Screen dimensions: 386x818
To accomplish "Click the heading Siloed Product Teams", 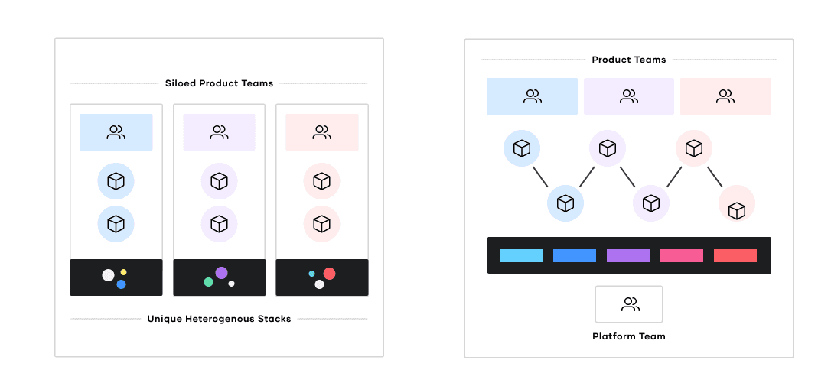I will [x=219, y=83].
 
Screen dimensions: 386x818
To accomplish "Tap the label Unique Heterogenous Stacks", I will [x=219, y=319].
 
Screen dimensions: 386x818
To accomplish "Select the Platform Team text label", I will [x=629, y=336].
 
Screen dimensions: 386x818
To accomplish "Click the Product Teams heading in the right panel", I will [x=629, y=60].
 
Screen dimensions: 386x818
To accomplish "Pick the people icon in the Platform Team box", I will [x=630, y=304].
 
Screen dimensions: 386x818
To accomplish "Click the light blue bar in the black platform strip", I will [x=521, y=255].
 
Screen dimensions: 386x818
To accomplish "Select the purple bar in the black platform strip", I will [x=628, y=255].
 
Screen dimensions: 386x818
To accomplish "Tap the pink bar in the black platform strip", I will [x=682, y=255].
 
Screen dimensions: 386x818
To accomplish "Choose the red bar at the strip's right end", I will [x=735, y=255].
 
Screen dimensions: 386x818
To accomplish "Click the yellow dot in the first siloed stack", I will [x=123, y=272].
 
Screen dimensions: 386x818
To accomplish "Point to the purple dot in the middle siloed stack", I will [x=221, y=273].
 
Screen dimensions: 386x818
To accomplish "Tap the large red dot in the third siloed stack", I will [x=329, y=273].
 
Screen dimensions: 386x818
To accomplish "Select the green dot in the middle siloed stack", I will [x=208, y=282].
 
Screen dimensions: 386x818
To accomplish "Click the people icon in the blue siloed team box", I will [x=116, y=132].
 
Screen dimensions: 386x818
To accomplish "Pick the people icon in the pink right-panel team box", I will [x=725, y=96].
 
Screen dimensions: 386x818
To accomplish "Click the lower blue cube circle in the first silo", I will [x=116, y=224].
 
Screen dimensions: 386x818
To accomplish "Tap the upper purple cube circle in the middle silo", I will [x=219, y=181].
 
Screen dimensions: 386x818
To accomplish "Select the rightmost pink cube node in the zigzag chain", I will [x=737, y=204].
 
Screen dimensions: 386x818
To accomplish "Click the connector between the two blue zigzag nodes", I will [x=540, y=177].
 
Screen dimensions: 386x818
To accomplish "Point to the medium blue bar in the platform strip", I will [x=575, y=255].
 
